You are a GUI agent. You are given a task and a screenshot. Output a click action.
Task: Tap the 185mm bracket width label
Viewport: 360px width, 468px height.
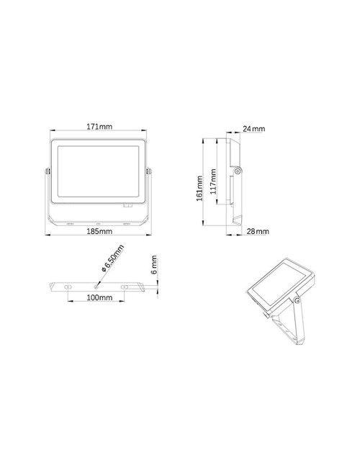99,232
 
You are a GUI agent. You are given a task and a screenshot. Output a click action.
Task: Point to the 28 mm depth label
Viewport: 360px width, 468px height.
257,231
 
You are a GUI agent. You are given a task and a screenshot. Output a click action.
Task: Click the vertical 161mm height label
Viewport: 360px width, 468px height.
199,189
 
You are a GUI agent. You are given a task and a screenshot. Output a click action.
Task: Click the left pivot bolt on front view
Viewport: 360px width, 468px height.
48,171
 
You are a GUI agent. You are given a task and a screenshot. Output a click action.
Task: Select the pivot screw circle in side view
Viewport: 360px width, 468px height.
238,171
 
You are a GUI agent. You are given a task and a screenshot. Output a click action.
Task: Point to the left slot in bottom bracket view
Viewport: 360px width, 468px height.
68,287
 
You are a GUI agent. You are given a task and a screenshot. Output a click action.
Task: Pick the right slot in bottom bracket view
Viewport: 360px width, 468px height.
125,287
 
